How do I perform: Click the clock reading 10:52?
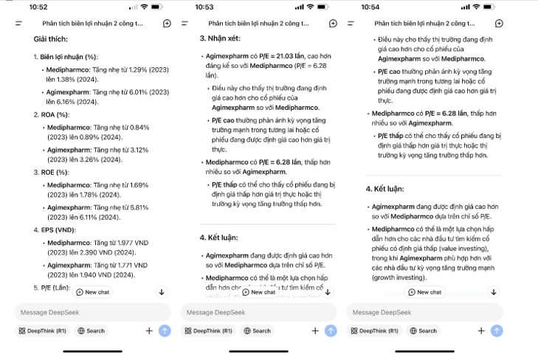(38, 7)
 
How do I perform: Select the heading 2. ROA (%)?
(53, 114)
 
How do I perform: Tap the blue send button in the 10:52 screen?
(165, 331)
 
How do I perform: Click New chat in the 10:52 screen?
(94, 292)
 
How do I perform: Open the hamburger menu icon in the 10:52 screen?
(18, 24)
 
